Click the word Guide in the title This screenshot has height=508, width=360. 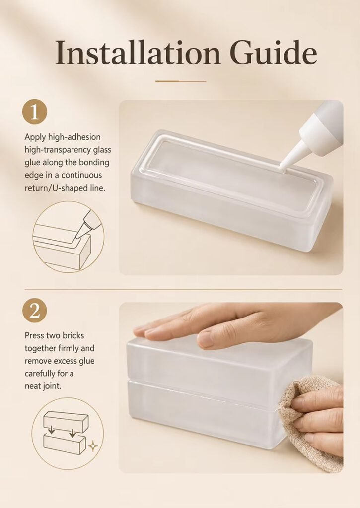pyautogui.click(x=274, y=53)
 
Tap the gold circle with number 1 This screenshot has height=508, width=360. pyautogui.click(x=35, y=112)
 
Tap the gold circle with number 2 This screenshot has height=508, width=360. pyautogui.click(x=35, y=311)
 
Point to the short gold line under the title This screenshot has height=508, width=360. pyautogui.click(x=181, y=81)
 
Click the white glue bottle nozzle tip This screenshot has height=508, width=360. pyautogui.click(x=282, y=168)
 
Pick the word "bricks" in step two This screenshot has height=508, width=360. pyautogui.click(x=73, y=335)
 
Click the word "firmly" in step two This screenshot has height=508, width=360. pyautogui.click(x=69, y=348)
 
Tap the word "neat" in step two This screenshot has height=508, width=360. pyautogui.click(x=32, y=386)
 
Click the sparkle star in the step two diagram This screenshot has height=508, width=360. pyautogui.click(x=93, y=446)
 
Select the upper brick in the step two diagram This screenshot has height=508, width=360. pyautogui.click(x=66, y=422)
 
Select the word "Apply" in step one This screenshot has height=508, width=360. pyautogui.click(x=35, y=137)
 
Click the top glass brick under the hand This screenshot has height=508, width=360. pyautogui.click(x=218, y=366)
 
